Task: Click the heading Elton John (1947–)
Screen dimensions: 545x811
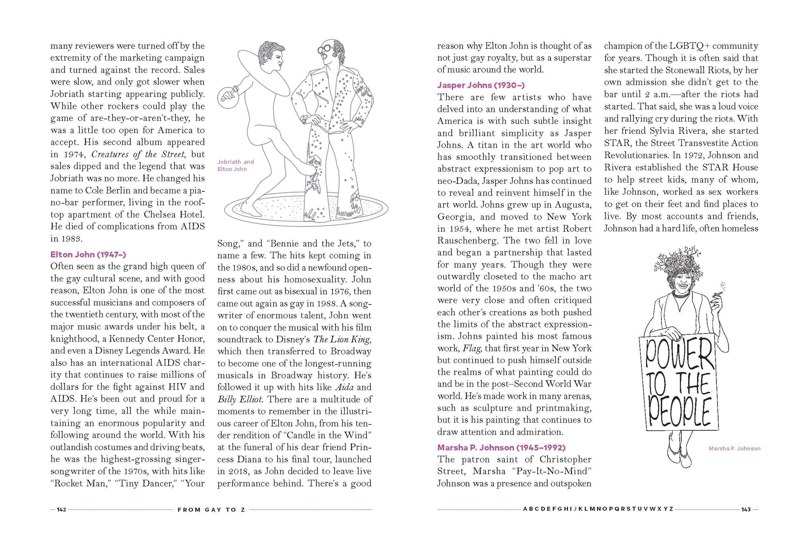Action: click(x=88, y=254)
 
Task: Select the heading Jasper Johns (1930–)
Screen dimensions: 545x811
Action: click(x=481, y=85)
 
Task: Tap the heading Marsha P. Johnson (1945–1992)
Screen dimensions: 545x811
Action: click(x=501, y=447)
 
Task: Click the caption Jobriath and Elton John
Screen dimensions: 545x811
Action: click(x=235, y=165)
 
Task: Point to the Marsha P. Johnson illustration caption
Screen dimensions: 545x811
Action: click(x=734, y=449)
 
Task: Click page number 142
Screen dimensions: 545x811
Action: click(x=61, y=510)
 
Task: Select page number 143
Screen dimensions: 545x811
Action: click(x=746, y=510)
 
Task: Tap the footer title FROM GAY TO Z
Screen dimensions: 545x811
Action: click(x=211, y=510)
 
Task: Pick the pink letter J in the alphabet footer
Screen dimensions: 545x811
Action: click(x=575, y=509)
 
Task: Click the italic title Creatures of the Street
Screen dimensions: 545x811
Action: click(x=138, y=154)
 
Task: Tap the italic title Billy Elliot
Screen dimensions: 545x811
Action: click(x=240, y=399)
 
